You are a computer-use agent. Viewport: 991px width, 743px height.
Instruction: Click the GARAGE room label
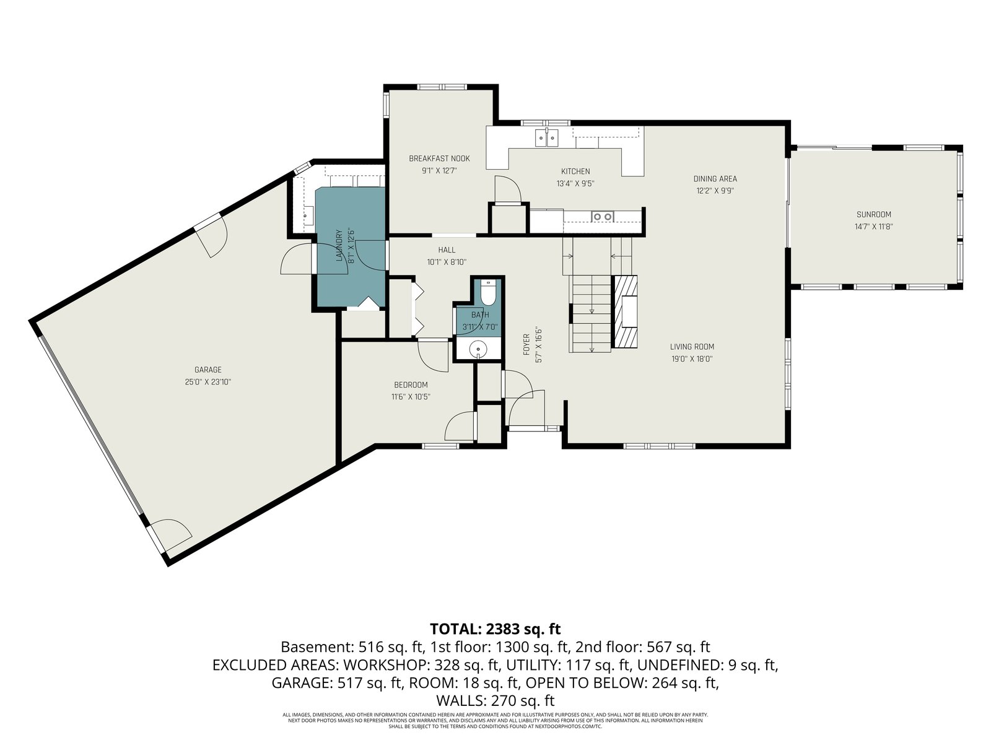click(207, 370)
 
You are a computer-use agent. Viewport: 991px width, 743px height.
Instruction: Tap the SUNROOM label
click(873, 215)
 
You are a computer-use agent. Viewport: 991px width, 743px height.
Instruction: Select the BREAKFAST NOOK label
click(439, 159)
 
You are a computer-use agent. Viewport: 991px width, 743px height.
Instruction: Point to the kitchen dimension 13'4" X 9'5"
click(575, 184)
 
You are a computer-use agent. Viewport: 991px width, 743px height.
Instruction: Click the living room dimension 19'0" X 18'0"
click(692, 359)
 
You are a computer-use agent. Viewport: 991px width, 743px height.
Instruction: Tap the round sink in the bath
click(478, 349)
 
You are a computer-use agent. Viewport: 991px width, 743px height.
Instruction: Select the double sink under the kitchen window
click(547, 138)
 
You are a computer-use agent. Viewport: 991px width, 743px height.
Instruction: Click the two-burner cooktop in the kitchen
click(603, 217)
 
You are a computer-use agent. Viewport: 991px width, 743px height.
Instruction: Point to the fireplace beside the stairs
click(625, 311)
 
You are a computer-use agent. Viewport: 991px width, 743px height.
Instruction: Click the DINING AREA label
click(715, 179)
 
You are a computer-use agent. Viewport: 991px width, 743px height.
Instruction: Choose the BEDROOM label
click(411, 385)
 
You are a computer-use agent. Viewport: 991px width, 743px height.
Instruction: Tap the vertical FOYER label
click(526, 345)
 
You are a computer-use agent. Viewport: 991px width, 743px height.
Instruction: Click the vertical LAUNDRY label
click(339, 246)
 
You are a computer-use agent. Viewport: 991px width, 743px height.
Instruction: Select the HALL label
click(447, 250)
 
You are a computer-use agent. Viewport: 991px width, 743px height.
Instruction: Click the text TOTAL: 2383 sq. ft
click(495, 628)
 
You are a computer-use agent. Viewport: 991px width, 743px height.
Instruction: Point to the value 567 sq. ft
click(679, 647)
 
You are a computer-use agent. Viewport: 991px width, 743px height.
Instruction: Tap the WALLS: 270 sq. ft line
click(495, 701)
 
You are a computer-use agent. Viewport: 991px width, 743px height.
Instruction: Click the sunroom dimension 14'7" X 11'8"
click(873, 227)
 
